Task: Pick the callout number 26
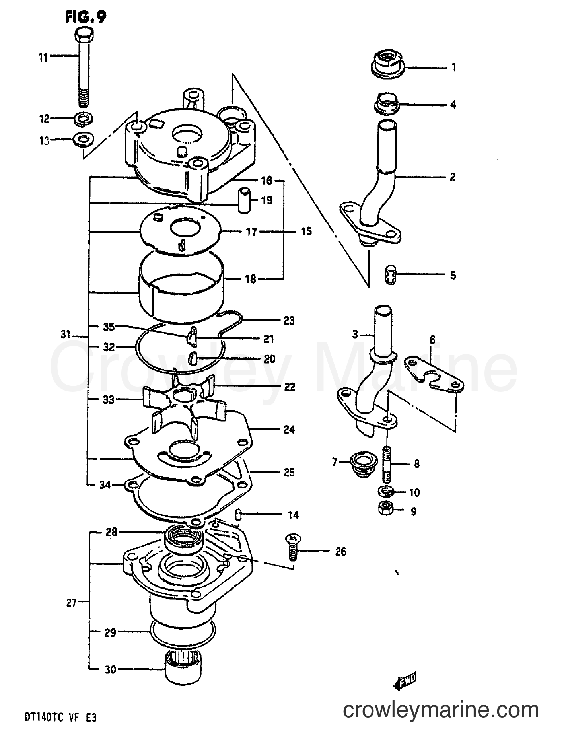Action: click(340, 552)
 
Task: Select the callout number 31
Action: click(66, 335)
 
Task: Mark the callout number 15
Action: click(306, 231)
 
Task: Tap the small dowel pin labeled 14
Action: click(237, 514)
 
